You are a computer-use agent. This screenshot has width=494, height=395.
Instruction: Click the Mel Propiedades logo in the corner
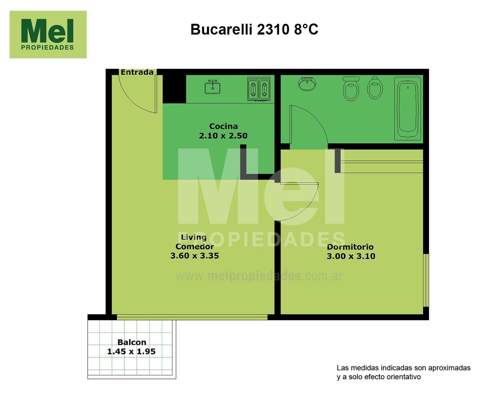coord(48,34)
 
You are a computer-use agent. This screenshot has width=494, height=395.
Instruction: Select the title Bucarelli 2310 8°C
coord(254,30)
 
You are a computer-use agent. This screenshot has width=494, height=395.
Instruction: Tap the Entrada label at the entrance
coord(137,72)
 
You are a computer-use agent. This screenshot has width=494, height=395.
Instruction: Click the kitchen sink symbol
coord(213,87)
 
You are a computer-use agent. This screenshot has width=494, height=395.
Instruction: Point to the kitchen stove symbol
coord(259,89)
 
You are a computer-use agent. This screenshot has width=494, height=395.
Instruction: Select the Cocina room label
coord(223,126)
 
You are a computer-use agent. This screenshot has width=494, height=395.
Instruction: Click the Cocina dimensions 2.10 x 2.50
coord(223,136)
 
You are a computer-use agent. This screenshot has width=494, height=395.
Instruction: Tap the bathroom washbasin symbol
coord(307,83)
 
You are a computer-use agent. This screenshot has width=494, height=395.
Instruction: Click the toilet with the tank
coord(351,89)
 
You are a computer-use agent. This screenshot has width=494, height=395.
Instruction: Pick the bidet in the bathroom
coord(375,88)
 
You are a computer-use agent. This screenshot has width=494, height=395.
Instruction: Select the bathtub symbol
coord(408,109)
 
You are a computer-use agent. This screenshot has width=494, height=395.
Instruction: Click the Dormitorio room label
coord(350,247)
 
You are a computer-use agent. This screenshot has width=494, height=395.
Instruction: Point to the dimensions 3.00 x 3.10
coord(351,256)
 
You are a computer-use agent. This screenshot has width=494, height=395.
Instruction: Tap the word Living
coord(194,237)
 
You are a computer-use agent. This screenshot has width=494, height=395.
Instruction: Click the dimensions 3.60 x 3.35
coord(195,256)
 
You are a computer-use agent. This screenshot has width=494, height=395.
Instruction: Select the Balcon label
coord(132,342)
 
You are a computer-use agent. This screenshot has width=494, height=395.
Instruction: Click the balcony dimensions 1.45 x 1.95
coord(131,351)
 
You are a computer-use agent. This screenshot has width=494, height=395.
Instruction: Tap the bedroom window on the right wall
coord(426,280)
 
